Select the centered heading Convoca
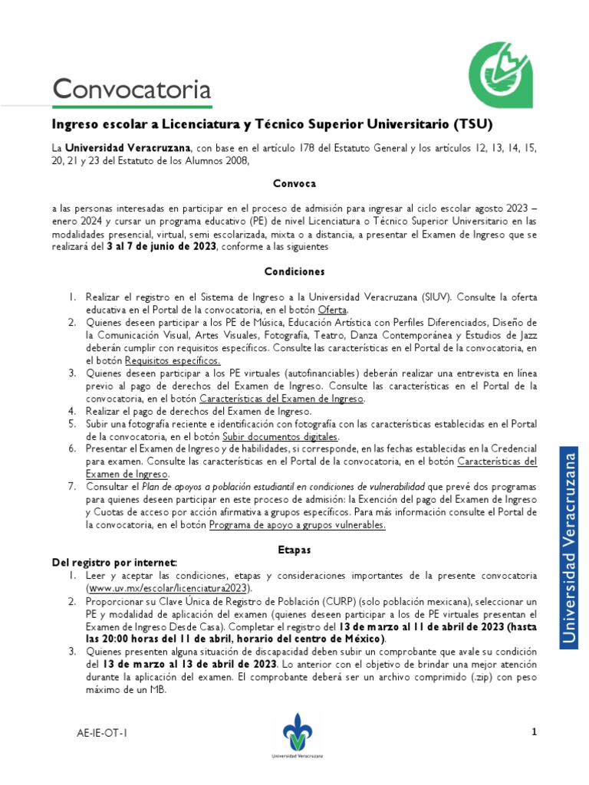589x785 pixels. point(294,184)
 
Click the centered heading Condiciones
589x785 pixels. point(294,271)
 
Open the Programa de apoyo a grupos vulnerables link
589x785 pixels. point(297,525)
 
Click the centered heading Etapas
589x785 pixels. point(294,550)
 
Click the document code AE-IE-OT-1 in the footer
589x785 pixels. point(101,734)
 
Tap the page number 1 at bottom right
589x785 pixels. point(535,733)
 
